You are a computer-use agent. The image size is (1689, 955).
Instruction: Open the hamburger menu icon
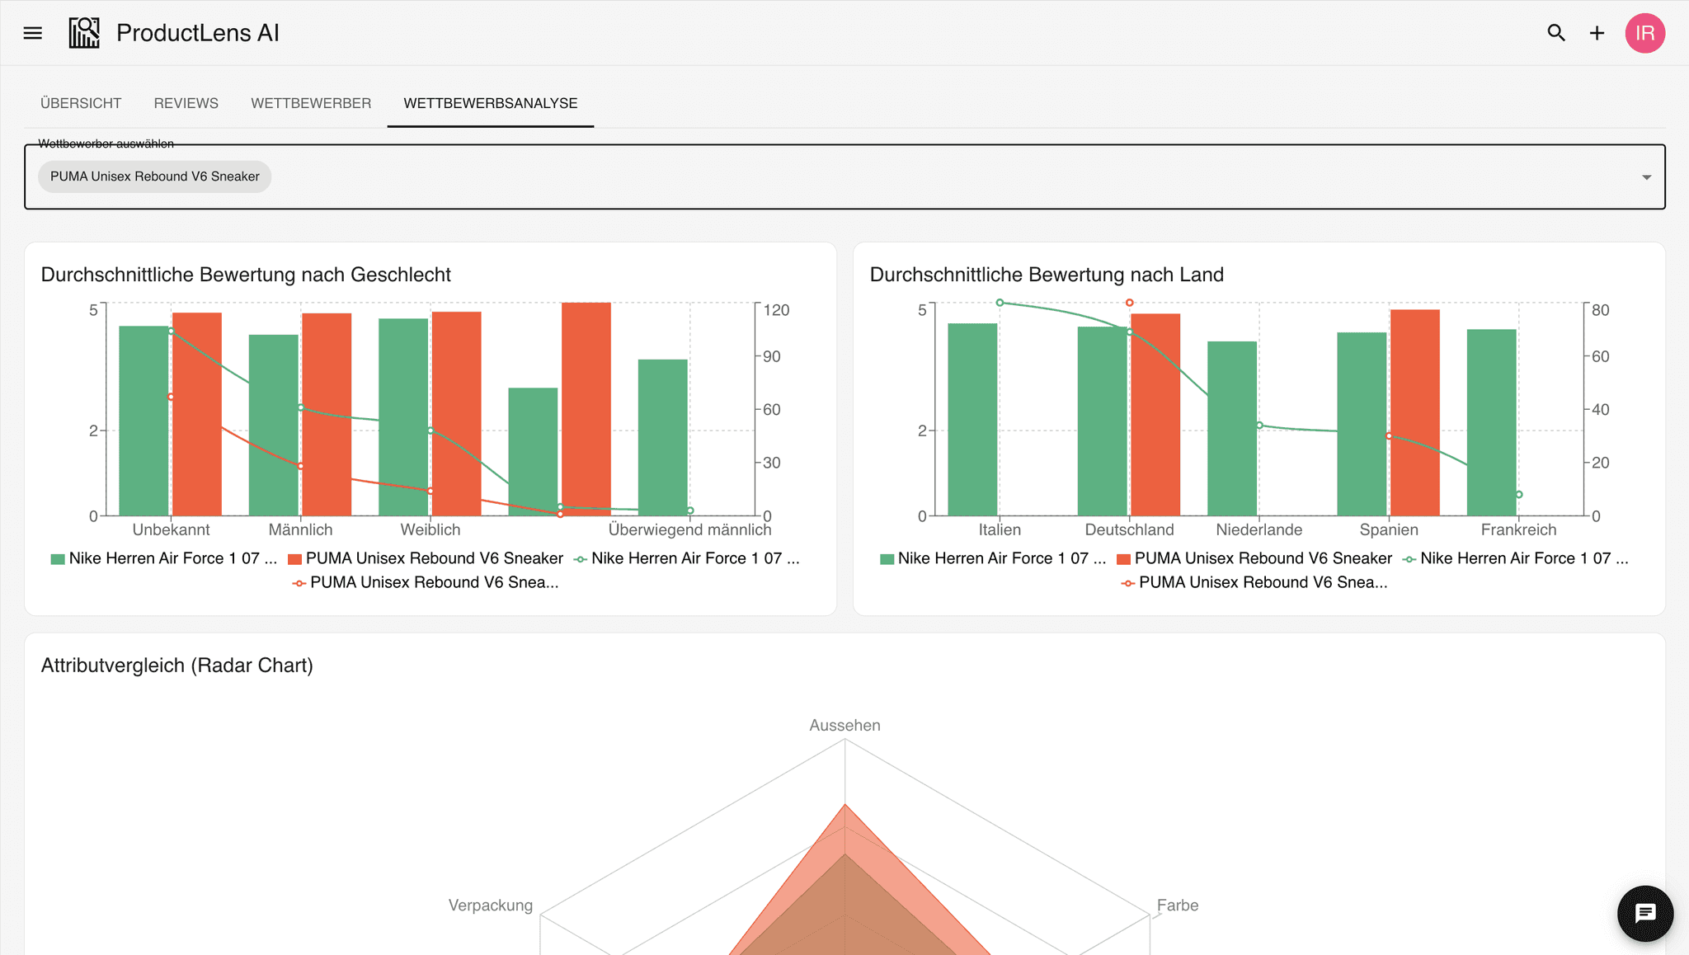(x=33, y=33)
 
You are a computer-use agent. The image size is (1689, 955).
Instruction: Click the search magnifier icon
(x=1556, y=33)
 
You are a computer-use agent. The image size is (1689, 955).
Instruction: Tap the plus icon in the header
(x=1597, y=33)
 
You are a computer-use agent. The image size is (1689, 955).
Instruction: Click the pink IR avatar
(x=1645, y=33)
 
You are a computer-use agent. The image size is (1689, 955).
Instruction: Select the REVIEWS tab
(x=186, y=103)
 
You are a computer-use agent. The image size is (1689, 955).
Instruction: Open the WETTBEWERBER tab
(x=311, y=103)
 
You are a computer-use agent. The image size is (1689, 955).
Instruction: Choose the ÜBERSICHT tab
(x=81, y=103)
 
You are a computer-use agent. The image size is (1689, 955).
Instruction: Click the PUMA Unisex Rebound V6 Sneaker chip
(x=155, y=176)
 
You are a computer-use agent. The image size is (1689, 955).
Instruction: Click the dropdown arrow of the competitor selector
(x=1646, y=177)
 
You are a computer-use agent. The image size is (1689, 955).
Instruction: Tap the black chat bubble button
(x=1645, y=914)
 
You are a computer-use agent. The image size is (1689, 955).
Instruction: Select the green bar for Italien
(x=972, y=420)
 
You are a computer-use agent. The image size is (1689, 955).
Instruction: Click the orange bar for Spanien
(x=1415, y=413)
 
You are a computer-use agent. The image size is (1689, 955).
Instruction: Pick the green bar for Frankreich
(x=1492, y=423)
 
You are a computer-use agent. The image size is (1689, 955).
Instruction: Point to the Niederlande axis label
(x=1259, y=529)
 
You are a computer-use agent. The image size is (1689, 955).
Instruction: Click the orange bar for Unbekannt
(x=197, y=415)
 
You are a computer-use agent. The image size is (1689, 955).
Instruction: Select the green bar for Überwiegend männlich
(x=663, y=438)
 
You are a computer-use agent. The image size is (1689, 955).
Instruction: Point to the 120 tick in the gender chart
(x=776, y=310)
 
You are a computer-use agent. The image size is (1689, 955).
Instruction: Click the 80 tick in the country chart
(x=1600, y=310)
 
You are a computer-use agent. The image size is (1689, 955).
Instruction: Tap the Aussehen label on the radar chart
(x=844, y=725)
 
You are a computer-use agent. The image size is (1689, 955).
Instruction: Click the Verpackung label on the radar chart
(x=491, y=906)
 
